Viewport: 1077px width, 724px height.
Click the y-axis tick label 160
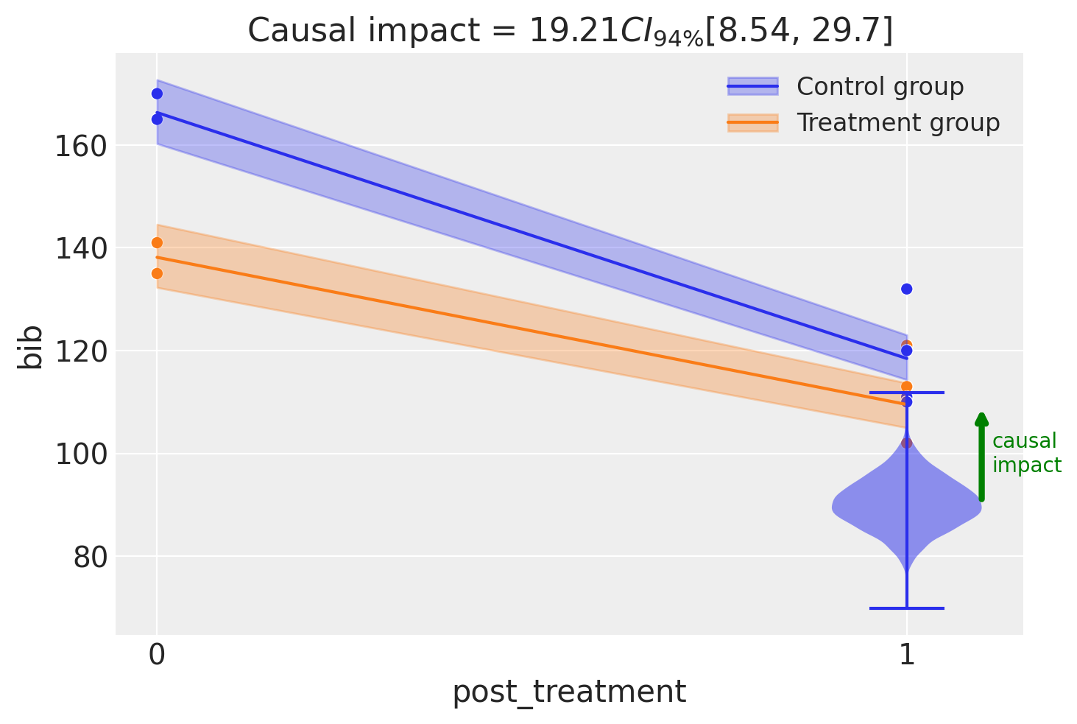click(80, 147)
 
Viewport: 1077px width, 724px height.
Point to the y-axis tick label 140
click(80, 249)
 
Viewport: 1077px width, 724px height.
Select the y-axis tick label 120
click(80, 352)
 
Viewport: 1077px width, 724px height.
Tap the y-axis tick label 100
click(80, 454)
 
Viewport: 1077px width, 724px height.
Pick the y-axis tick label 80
click(89, 558)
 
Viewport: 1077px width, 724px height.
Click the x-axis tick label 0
click(157, 655)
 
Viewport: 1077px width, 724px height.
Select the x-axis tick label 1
click(907, 655)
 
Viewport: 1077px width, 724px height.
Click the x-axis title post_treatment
click(569, 692)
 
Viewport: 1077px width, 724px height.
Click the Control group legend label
click(880, 87)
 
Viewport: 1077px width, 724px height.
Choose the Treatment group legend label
click(898, 122)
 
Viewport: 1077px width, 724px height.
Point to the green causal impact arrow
click(982, 457)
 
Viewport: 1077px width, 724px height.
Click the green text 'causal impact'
click(1026, 453)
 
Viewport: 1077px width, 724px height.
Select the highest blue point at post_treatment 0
click(157, 94)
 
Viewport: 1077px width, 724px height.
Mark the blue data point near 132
click(907, 289)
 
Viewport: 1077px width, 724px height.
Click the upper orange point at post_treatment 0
click(157, 243)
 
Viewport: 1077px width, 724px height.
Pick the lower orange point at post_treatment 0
click(157, 274)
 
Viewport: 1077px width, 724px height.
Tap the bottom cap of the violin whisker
click(907, 608)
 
